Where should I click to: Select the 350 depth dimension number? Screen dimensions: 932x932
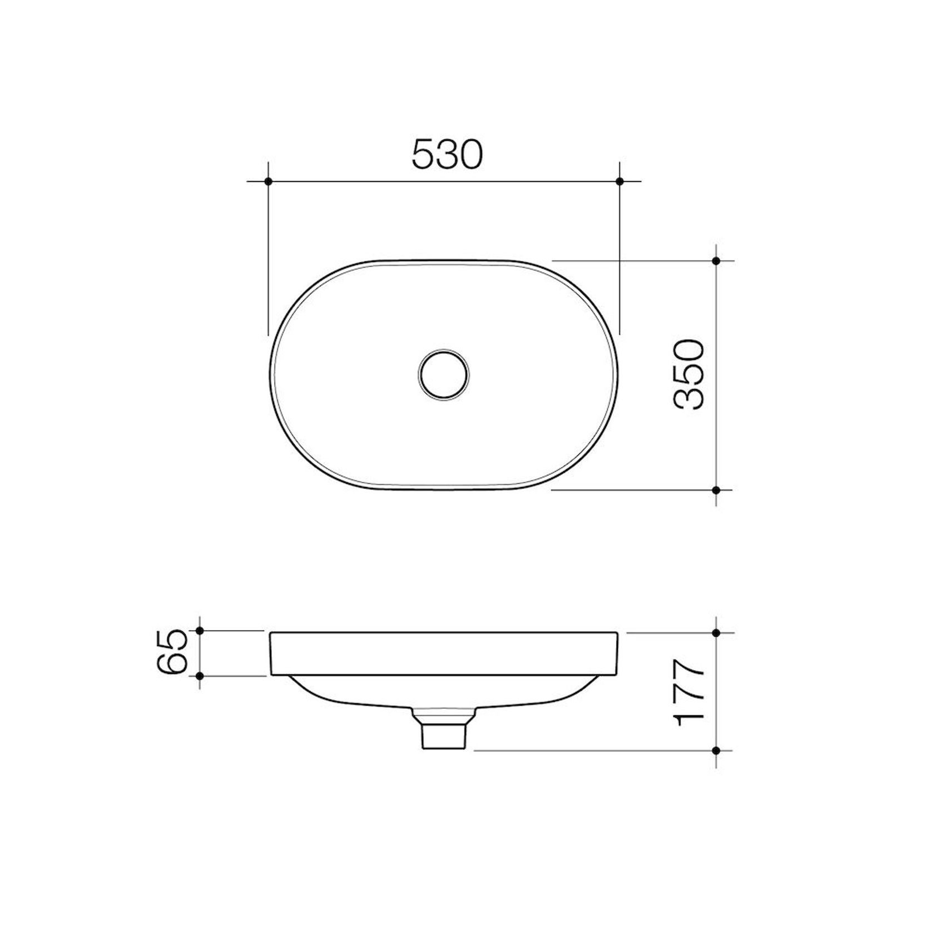(689, 374)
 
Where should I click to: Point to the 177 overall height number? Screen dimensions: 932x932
(689, 692)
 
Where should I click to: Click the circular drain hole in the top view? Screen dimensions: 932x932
(443, 374)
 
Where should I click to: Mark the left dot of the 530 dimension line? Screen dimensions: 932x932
(268, 181)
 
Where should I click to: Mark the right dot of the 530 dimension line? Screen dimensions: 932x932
(620, 181)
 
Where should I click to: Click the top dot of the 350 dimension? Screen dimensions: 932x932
(716, 260)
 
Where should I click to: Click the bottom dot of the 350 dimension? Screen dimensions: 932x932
(716, 490)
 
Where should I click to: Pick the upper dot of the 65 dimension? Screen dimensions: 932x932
(200, 631)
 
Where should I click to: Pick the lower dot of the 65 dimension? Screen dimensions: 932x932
(200, 676)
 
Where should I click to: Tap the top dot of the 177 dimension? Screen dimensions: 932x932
(716, 633)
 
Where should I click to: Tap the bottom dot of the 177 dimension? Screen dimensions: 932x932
(716, 750)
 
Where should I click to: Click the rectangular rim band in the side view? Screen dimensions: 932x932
(443, 653)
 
